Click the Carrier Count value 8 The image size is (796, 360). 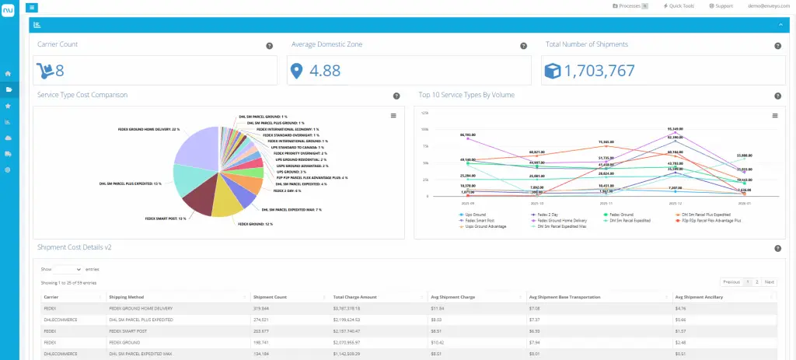click(x=59, y=72)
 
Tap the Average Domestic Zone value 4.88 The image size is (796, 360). click(x=325, y=72)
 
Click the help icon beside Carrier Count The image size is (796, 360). click(x=269, y=46)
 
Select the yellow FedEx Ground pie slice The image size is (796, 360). click(x=228, y=204)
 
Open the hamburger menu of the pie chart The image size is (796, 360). click(x=393, y=115)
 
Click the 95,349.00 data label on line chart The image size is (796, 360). click(x=675, y=129)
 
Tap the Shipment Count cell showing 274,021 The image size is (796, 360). click(x=265, y=320)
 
